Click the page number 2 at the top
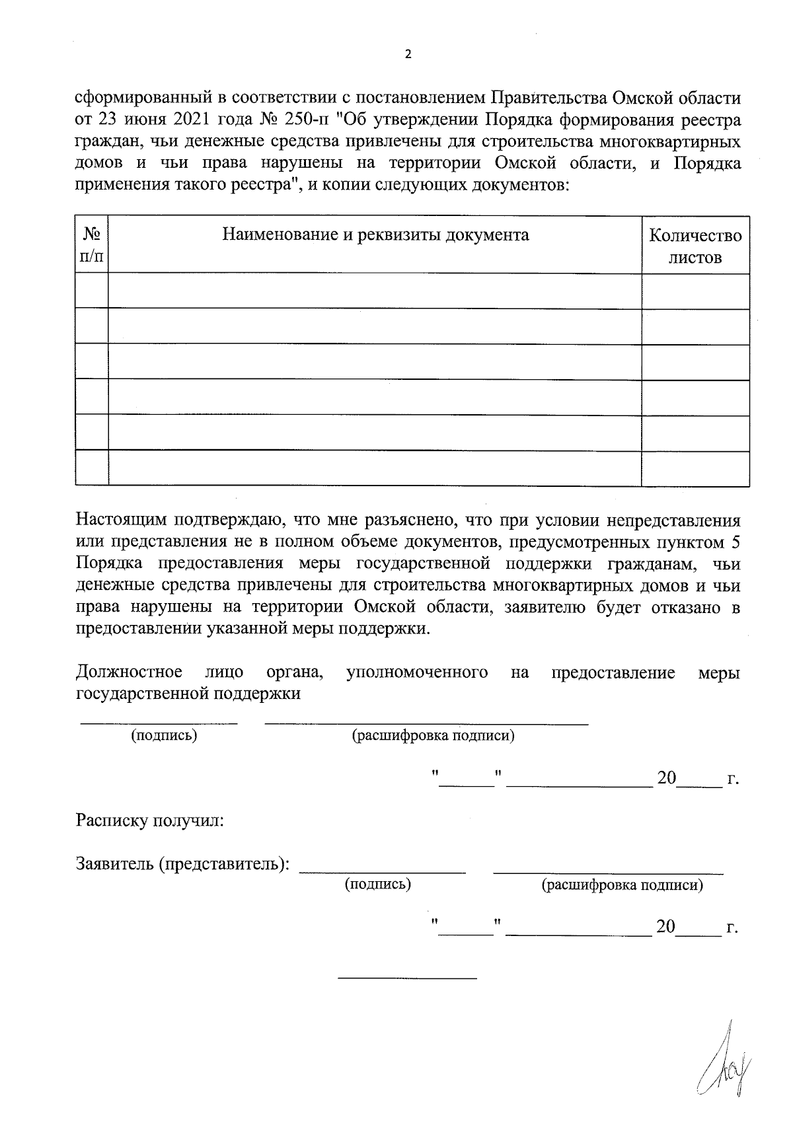click(x=407, y=55)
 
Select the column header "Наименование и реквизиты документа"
click(x=375, y=235)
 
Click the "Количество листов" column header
click(x=695, y=246)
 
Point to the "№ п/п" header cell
click(x=92, y=244)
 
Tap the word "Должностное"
click(x=130, y=672)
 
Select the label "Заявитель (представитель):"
click(x=183, y=864)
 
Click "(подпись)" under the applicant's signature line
click(x=378, y=885)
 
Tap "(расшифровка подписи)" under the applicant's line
click(x=622, y=885)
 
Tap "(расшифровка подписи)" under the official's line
click(x=434, y=735)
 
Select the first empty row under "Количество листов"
click(x=695, y=291)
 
